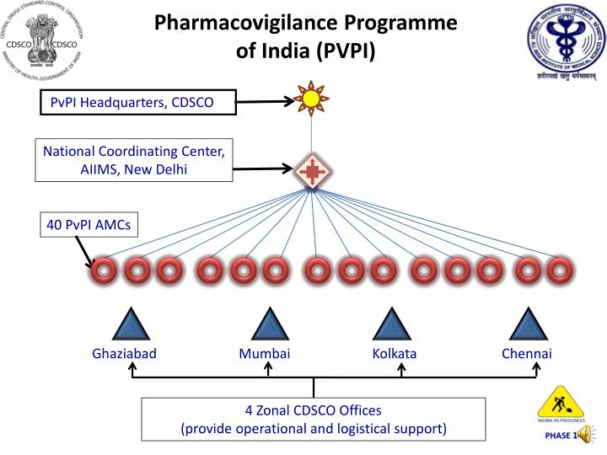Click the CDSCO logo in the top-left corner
(x=41, y=41)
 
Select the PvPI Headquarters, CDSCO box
(x=139, y=103)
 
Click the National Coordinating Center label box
(x=133, y=160)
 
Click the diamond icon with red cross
(x=312, y=171)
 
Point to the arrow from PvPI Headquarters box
(x=266, y=102)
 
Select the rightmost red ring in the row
(x=557, y=271)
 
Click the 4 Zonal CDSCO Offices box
(x=314, y=420)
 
